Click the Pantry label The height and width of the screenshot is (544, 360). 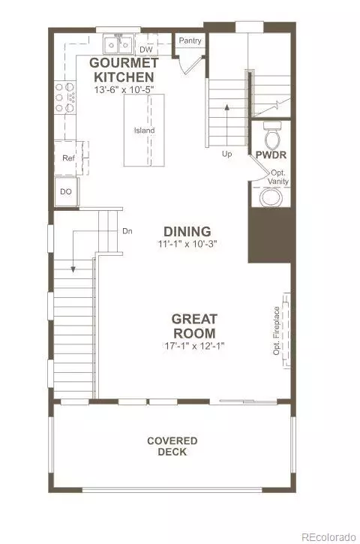coord(190,41)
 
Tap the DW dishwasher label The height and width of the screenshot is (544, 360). coord(146,50)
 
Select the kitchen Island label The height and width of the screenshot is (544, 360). coord(144,131)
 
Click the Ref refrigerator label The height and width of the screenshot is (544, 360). coord(68,158)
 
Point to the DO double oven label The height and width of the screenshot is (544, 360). coord(66,191)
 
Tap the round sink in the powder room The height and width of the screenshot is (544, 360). coord(271,197)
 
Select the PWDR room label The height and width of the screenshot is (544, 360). coord(271,155)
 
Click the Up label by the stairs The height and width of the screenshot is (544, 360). coord(226,154)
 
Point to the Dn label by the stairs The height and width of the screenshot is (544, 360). coord(127,231)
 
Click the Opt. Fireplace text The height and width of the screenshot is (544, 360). coord(276,331)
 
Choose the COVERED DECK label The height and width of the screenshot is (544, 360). coord(172,446)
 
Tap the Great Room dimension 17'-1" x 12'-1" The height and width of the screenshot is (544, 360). coord(193,346)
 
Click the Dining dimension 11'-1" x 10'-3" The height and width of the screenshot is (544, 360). coord(187,244)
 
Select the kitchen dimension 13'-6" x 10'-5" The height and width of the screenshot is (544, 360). coord(124,89)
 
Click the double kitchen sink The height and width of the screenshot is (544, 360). coord(118,44)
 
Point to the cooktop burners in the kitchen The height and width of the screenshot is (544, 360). coord(65,98)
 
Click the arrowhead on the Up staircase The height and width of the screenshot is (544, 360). coord(226,107)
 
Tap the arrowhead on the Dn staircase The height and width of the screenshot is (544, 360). coord(73,269)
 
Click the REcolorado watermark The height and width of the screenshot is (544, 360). coord(328,537)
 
